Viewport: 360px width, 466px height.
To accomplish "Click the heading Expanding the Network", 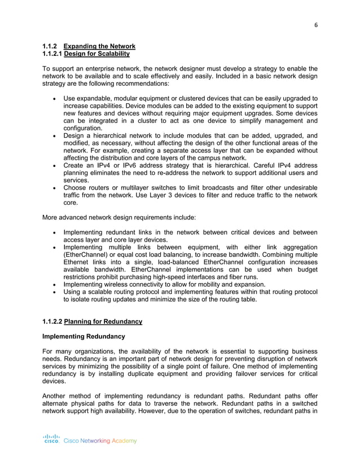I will tap(99, 46).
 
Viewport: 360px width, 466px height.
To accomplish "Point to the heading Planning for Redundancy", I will tap(103, 322).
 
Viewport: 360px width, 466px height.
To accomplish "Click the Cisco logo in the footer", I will tap(52, 439).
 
